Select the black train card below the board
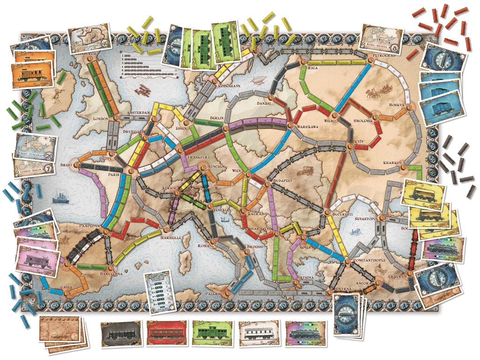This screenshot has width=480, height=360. coord(120,334)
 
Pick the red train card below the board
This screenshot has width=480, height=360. coord(165,334)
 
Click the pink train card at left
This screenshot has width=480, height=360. coord(37,258)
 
